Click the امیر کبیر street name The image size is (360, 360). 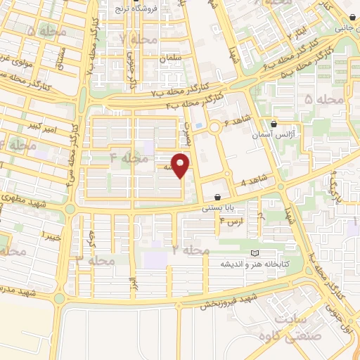point(44,127)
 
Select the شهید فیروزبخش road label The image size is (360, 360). point(229,299)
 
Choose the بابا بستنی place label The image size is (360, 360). point(221,207)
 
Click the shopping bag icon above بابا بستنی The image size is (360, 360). point(219,197)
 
